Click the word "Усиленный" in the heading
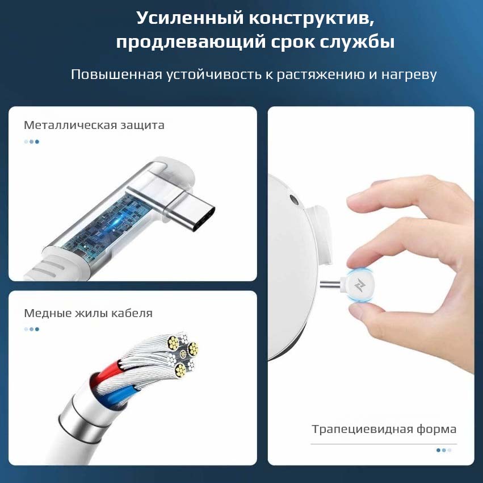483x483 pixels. coord(190,18)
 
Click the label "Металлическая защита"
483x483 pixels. coord(94,125)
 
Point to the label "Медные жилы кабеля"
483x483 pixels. coord(88,313)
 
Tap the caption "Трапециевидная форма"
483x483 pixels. coord(384,429)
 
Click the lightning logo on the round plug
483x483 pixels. coord(359,285)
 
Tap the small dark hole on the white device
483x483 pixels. coord(294,200)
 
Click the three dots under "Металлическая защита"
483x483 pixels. coord(31,142)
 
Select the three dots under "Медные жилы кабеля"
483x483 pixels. coord(31,329)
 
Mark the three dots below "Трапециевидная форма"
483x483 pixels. coord(444,450)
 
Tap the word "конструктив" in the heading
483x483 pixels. coord(312,18)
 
